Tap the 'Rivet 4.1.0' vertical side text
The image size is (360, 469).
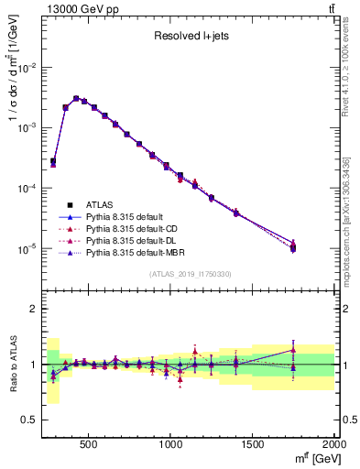(x=345, y=69)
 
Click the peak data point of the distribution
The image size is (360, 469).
(x=76, y=98)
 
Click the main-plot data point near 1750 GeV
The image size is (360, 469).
(x=293, y=247)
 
